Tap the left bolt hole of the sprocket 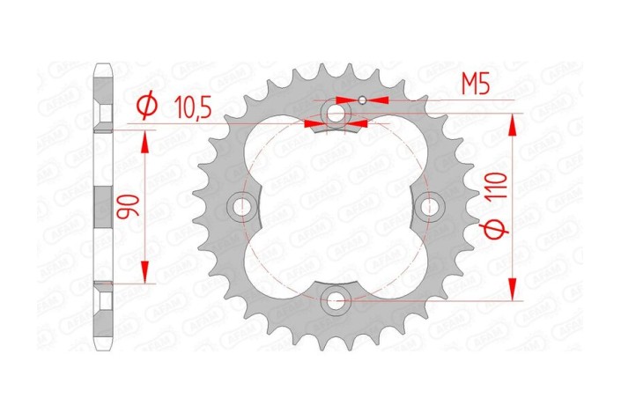(x=240, y=206)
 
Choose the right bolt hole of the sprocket (x=430, y=206)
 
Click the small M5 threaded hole (x=361, y=100)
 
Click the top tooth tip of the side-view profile (x=102, y=66)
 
